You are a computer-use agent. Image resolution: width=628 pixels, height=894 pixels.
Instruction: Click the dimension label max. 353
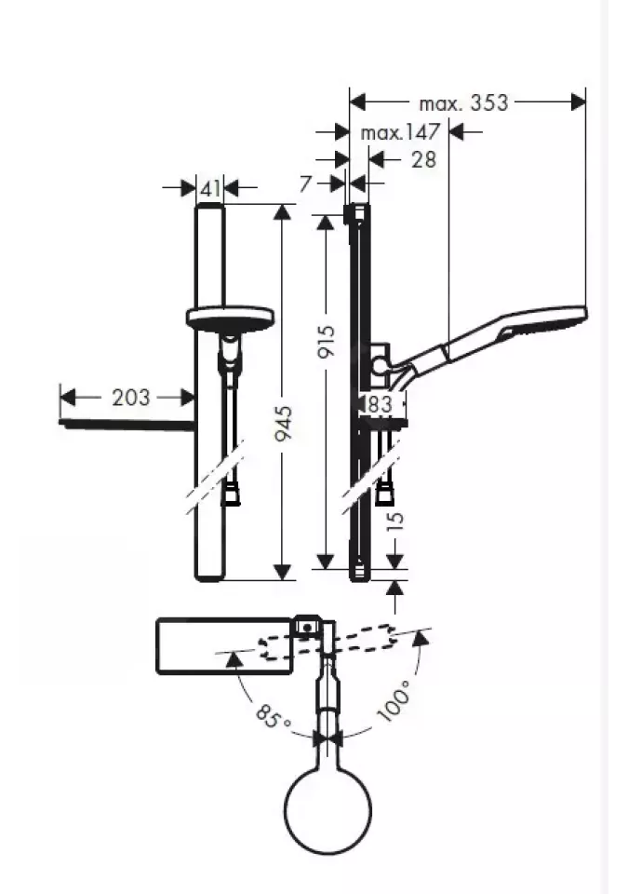pos(462,103)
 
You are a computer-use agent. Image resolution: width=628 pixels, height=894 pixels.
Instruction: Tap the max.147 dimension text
pos(401,132)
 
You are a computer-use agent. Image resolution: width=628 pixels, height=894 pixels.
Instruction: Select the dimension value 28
pos(423,159)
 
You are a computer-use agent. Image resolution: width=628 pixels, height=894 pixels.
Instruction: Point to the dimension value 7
pos(305,184)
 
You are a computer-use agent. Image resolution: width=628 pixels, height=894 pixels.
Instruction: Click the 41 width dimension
pos(210,187)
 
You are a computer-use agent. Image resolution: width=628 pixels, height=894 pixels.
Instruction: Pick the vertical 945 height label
pos(283,423)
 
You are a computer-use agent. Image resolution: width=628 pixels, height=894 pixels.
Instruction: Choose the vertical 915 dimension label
pos(327,341)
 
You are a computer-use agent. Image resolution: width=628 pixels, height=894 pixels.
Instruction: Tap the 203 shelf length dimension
pos(131,398)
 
